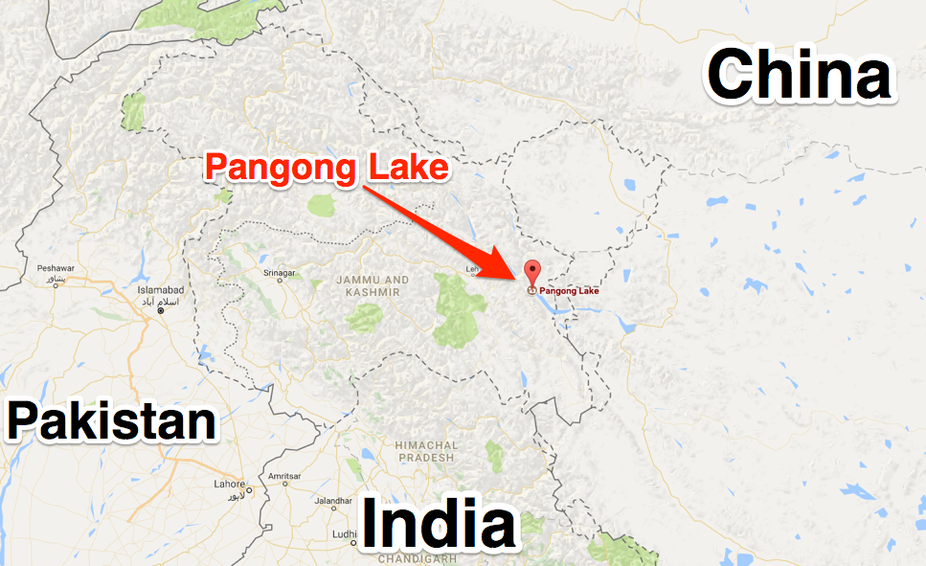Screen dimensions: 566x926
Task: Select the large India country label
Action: (x=437, y=526)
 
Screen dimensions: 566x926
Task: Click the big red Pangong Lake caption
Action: (x=327, y=169)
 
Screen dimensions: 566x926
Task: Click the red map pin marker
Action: (x=531, y=271)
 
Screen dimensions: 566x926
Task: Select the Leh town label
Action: (x=471, y=269)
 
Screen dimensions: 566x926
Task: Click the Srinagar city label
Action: (x=279, y=273)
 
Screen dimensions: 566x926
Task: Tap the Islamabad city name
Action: (x=166, y=288)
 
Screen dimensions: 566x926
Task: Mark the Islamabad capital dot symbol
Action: (x=161, y=310)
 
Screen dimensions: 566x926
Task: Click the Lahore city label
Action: (x=230, y=484)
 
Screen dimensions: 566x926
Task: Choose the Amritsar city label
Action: (x=285, y=476)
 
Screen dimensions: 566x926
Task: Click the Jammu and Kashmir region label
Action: (x=373, y=285)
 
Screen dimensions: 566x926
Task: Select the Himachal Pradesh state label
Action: (x=426, y=451)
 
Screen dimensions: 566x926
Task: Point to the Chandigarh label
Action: (x=416, y=558)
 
